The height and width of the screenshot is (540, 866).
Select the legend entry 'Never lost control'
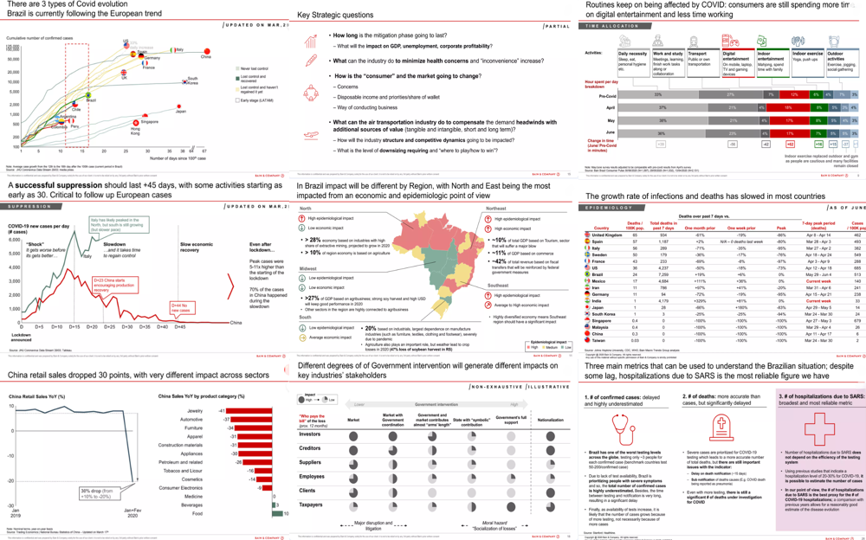252,67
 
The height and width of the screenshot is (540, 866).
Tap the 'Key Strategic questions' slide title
335,16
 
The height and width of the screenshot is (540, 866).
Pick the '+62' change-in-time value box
790,144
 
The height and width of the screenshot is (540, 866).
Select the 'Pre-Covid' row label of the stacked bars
605,95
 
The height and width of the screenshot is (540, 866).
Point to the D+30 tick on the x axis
127,327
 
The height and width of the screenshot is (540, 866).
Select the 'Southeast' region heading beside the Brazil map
498,285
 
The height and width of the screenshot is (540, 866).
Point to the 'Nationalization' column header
551,420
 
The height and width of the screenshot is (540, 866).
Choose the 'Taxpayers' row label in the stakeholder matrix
311,504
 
